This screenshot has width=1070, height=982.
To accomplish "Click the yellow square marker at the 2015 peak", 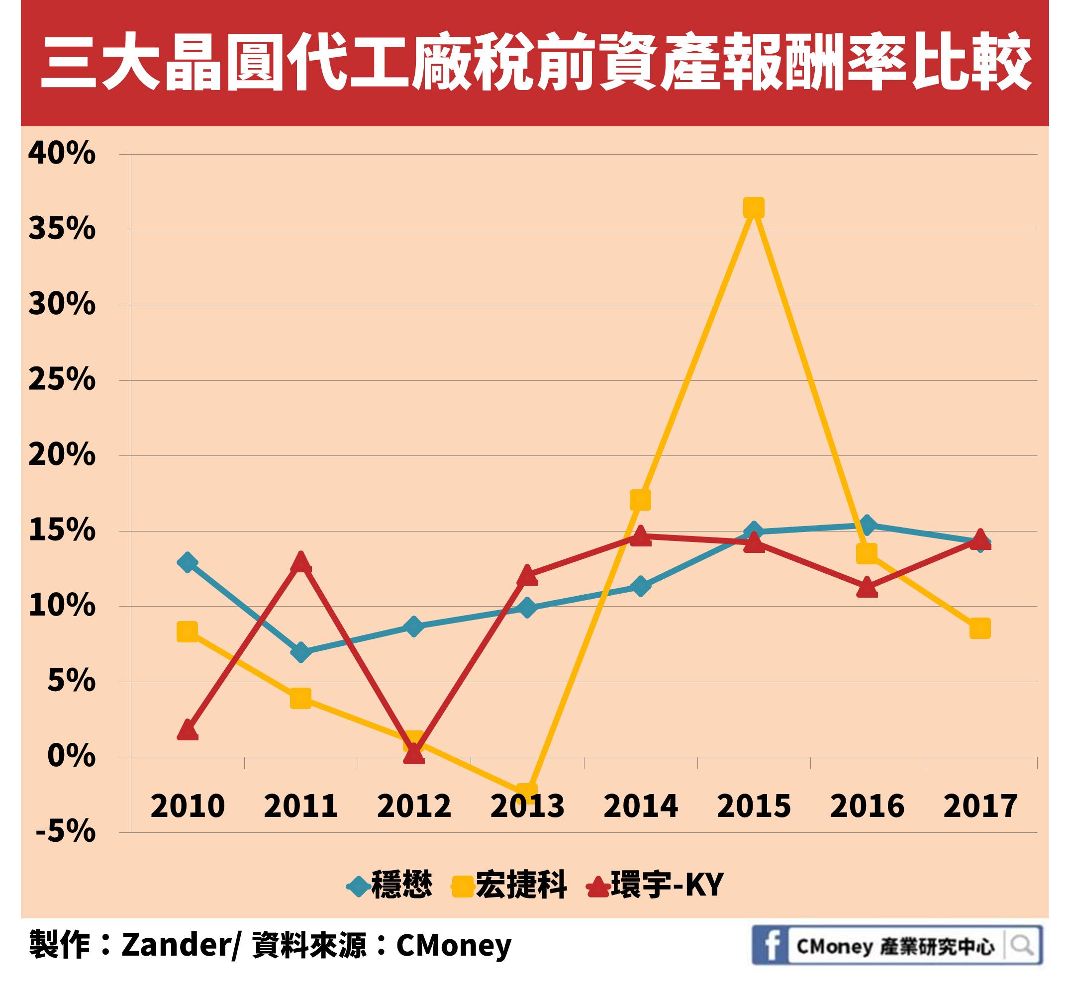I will point(753,208).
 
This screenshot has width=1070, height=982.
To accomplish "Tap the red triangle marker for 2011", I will point(301,562).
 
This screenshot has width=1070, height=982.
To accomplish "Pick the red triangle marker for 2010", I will point(187,730).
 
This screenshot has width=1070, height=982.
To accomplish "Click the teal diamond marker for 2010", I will point(187,562).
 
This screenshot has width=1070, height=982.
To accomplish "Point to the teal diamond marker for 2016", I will point(867,525).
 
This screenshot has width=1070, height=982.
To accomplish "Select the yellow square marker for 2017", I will point(979,628).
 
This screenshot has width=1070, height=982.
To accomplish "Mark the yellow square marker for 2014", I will point(640,500).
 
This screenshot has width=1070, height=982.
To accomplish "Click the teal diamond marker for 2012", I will point(414,626).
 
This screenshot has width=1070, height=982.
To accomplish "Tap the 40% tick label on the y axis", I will point(62,154).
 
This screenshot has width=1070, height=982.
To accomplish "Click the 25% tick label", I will point(62,380).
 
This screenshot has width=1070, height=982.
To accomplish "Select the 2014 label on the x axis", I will point(641,806).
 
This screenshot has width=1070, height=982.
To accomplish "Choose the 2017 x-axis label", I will point(980,806).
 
